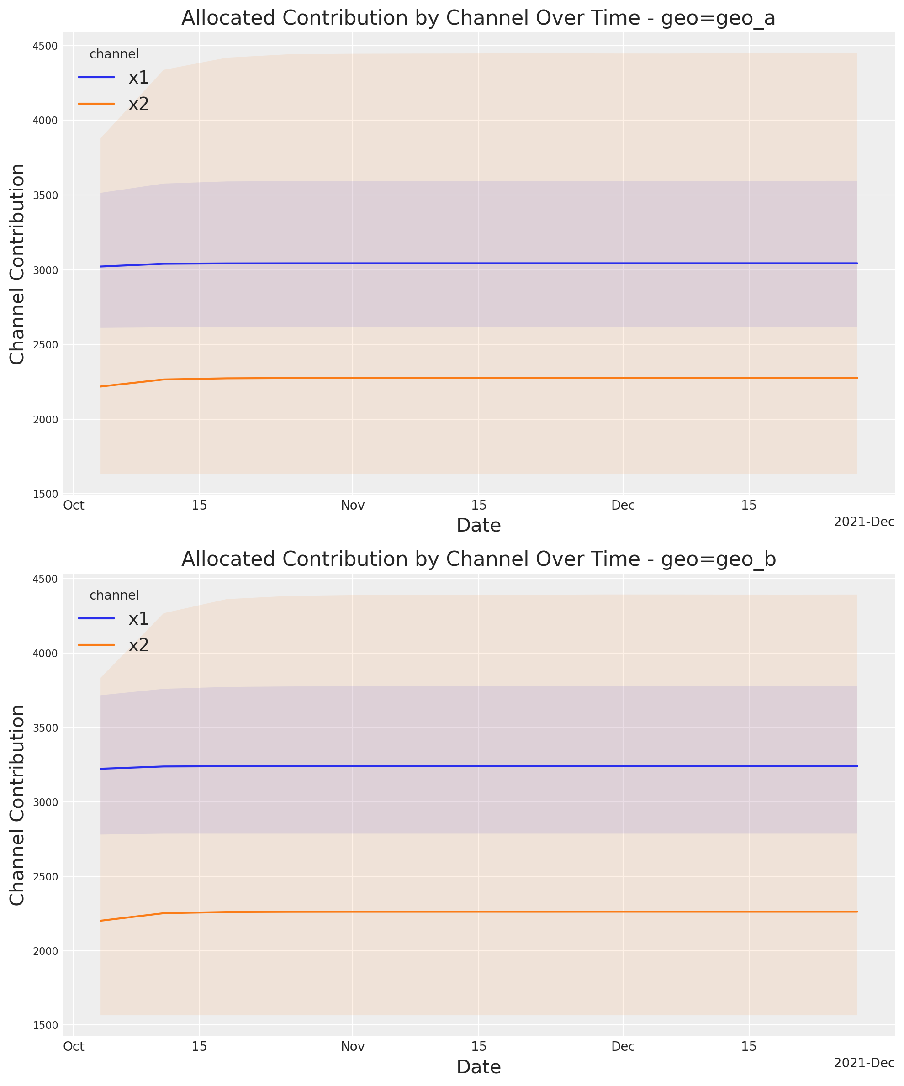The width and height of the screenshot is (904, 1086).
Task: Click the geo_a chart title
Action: [x=478, y=19]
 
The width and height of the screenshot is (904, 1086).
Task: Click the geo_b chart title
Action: [x=478, y=559]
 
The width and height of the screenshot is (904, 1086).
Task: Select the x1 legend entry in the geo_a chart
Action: [x=138, y=78]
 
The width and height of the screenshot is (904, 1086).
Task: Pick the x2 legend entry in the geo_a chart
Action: [x=138, y=104]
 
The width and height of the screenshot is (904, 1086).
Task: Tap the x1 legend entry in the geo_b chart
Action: [x=138, y=618]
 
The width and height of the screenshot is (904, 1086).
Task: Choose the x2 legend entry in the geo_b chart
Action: [x=138, y=645]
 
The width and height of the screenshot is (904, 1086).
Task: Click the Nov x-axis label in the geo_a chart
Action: [x=352, y=505]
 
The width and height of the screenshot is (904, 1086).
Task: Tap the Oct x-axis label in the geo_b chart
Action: [x=74, y=1047]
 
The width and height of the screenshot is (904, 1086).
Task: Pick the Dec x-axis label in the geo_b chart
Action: [x=623, y=1047]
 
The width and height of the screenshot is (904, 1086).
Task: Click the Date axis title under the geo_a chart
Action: [x=478, y=525]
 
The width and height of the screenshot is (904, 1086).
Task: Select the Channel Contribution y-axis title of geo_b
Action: [x=17, y=805]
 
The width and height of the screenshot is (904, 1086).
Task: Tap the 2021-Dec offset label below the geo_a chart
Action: [x=864, y=522]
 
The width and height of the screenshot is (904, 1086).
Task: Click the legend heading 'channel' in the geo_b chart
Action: [x=114, y=595]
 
